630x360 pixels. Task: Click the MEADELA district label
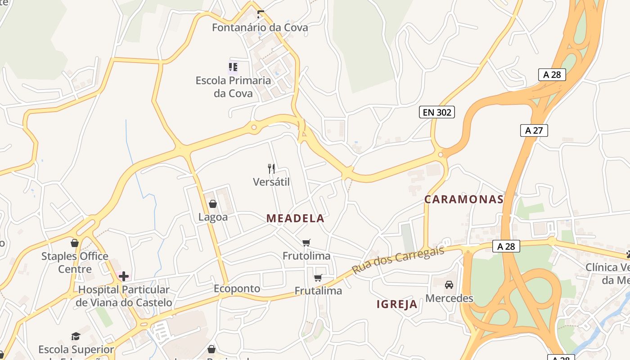pyautogui.click(x=295, y=219)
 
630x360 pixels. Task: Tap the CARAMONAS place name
pyautogui.click(x=463, y=199)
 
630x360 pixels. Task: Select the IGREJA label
pyautogui.click(x=397, y=305)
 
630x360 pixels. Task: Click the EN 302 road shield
pyautogui.click(x=436, y=112)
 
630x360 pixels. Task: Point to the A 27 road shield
pyautogui.click(x=534, y=130)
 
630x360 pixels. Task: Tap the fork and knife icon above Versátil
pyautogui.click(x=271, y=169)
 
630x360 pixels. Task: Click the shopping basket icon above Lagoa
pyautogui.click(x=213, y=204)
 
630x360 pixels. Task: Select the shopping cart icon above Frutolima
pyautogui.click(x=306, y=243)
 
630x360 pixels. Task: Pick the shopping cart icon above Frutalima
pyautogui.click(x=318, y=278)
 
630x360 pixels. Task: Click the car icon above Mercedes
pyautogui.click(x=449, y=285)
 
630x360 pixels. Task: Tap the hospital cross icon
pyautogui.click(x=123, y=276)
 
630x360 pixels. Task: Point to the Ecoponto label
pyautogui.click(x=237, y=288)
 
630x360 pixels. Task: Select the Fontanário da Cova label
pyautogui.click(x=260, y=27)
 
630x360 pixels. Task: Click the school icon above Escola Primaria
pyautogui.click(x=233, y=67)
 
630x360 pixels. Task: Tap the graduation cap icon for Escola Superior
pyautogui.click(x=76, y=337)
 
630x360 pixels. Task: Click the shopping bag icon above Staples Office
pyautogui.click(x=75, y=243)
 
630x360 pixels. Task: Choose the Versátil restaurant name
pyautogui.click(x=271, y=182)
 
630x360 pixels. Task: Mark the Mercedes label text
pyautogui.click(x=449, y=298)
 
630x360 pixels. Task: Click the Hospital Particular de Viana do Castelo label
pyautogui.click(x=123, y=296)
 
